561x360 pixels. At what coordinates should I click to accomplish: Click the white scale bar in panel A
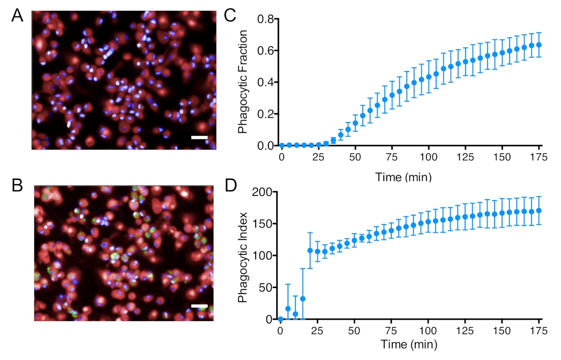pyautogui.click(x=199, y=137)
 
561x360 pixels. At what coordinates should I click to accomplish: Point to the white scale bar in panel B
pyautogui.click(x=199, y=306)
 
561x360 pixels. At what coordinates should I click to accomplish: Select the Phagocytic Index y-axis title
pyautogui.click(x=243, y=255)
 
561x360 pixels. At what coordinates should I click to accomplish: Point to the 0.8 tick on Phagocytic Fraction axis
pyautogui.click(x=266, y=19)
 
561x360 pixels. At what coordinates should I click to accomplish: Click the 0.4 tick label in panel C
pyautogui.click(x=266, y=82)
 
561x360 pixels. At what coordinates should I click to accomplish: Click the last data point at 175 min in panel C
pyautogui.click(x=539, y=45)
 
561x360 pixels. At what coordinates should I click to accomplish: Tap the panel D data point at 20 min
pyautogui.click(x=310, y=250)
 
